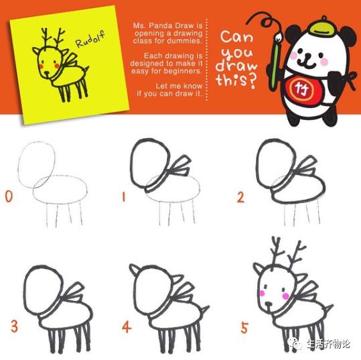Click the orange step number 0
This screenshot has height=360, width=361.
tap(9, 196)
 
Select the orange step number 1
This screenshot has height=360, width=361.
tap(124, 197)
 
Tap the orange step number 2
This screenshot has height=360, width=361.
tap(240, 197)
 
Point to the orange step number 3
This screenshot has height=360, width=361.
tap(13, 326)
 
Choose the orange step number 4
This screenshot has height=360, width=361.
tap(125, 327)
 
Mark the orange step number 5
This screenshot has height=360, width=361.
tap(244, 328)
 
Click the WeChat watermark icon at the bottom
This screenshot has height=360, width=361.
tap(297, 344)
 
